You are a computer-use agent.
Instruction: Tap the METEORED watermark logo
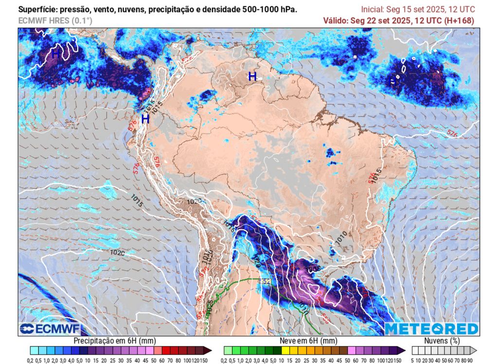(431, 329)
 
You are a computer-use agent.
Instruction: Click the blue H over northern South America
(252, 76)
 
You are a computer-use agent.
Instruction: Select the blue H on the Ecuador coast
(145, 119)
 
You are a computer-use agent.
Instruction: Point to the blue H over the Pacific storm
(55, 54)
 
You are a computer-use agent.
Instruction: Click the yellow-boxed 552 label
(265, 282)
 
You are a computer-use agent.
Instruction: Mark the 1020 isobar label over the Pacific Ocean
(117, 253)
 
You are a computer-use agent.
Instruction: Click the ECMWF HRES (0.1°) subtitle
(55, 20)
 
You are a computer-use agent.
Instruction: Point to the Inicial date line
(418, 10)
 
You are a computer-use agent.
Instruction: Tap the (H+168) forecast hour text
(459, 20)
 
